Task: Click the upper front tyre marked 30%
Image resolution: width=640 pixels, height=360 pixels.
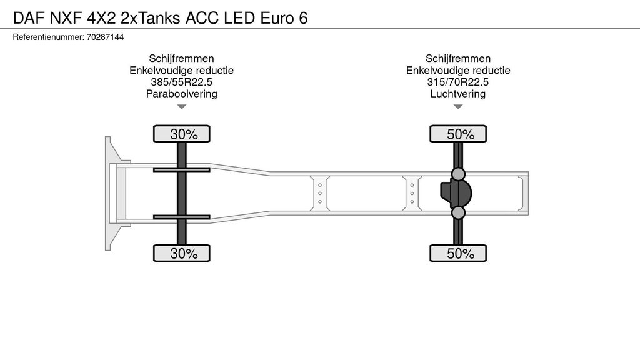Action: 182,134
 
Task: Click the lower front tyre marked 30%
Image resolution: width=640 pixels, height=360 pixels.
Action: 182,253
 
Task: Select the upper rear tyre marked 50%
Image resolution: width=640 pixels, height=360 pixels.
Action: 458,134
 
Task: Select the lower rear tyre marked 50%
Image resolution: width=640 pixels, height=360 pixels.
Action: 458,253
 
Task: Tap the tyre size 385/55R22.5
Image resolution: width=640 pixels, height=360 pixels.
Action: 182,82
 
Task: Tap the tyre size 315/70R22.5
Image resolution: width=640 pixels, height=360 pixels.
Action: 458,82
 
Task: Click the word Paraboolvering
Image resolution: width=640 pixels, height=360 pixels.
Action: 182,94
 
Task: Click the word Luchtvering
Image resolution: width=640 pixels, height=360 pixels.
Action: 458,94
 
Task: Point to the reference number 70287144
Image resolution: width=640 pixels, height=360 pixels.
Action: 105,37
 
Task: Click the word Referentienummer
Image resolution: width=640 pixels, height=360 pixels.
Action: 49,37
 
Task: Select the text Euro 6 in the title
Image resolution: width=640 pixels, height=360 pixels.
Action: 284,18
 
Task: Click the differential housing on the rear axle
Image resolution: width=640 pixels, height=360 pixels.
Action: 456,194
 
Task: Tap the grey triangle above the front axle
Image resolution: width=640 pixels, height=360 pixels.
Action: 182,107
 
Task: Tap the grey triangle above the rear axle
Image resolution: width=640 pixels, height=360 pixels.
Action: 458,107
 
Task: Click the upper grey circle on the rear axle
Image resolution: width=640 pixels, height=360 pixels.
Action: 458,174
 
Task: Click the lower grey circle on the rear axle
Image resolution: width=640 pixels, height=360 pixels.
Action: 458,212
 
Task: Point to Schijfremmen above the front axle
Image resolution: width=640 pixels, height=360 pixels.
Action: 182,58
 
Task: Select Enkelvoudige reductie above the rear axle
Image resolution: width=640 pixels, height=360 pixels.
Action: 458,70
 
